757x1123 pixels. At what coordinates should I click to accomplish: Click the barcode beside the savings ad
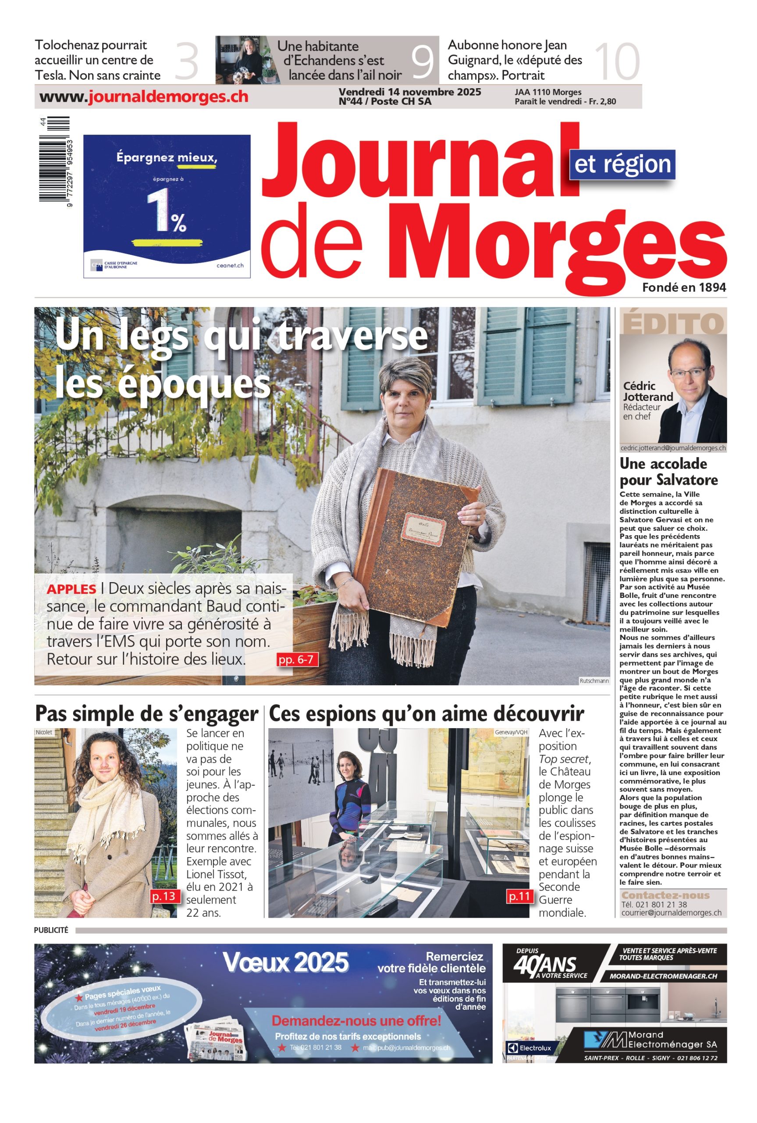point(54,161)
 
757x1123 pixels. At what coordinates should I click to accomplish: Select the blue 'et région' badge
point(622,164)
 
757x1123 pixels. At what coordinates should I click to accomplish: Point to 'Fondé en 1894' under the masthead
point(684,287)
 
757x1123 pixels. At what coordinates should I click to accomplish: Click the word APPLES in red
point(71,589)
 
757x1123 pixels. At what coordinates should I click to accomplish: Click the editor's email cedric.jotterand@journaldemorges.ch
point(673,448)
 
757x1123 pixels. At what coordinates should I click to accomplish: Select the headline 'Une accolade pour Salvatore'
point(668,472)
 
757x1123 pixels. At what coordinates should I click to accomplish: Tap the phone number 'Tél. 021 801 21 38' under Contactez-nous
point(654,904)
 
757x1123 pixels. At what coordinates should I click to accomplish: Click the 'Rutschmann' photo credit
point(594,680)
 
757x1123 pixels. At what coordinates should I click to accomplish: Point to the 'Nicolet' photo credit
point(44,732)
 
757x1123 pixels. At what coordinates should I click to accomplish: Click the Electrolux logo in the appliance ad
point(529,1048)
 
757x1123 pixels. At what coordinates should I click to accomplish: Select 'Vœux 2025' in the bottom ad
point(285,962)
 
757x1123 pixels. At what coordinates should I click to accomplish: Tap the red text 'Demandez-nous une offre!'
point(356,1021)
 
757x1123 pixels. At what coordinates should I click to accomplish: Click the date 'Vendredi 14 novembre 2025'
point(409,92)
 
